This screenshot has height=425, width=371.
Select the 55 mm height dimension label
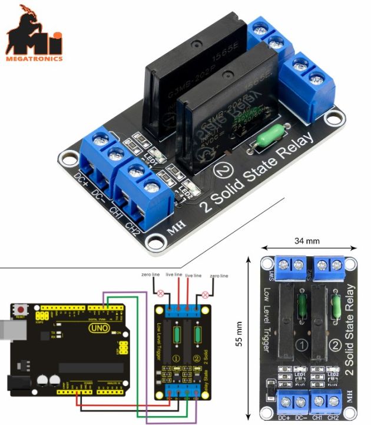(x=239, y=334)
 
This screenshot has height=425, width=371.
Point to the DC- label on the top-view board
(x=300, y=417)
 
